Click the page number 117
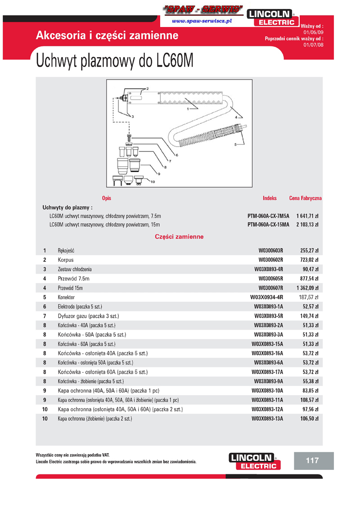pos(312,460)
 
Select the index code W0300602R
pos(270,260)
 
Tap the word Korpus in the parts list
pos(66,260)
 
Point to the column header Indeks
pos(270,198)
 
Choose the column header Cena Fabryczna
pos(305,198)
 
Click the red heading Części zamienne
pos(179,236)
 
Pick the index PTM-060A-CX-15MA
pos(268,225)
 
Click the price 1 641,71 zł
pos(307,216)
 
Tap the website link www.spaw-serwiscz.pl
pos(202,21)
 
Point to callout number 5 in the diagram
pos(235,144)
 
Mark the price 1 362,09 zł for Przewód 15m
pos(307,288)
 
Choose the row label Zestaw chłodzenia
pos(75,269)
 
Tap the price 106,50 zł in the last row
pos(309,419)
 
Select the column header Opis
pos(107,198)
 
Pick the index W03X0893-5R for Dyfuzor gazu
pos(269,316)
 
